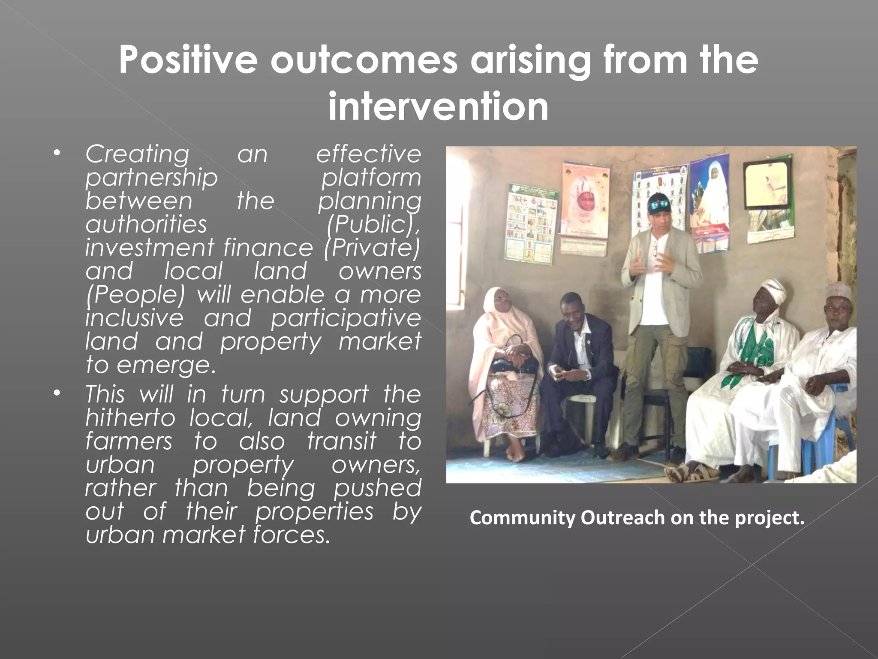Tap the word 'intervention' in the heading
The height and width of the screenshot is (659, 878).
point(438,106)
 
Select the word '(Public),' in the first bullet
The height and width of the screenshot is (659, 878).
point(373,224)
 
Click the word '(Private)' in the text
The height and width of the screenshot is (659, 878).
point(372,248)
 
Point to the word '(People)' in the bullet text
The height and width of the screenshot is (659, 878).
point(135,295)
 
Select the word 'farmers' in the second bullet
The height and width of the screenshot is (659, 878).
point(129,441)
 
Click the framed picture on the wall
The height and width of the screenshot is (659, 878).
point(767,184)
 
